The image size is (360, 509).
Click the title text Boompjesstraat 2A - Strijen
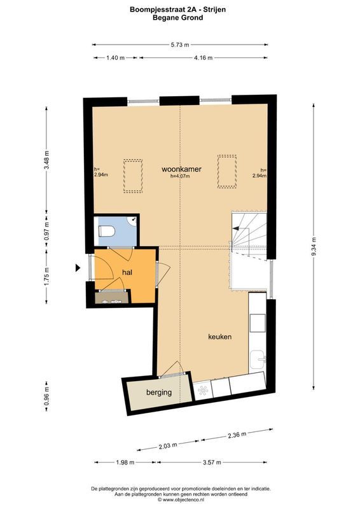[x=179, y=10]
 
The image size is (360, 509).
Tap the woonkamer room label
[x=181, y=169]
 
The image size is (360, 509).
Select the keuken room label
[x=219, y=337]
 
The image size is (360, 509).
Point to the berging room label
[x=159, y=393]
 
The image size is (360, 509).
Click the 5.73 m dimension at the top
[x=180, y=45]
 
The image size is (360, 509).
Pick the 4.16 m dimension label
[x=203, y=58]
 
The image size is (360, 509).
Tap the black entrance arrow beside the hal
[x=78, y=268]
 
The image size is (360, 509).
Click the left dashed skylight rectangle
[x=132, y=175]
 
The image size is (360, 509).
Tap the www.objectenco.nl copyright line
[x=180, y=499]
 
